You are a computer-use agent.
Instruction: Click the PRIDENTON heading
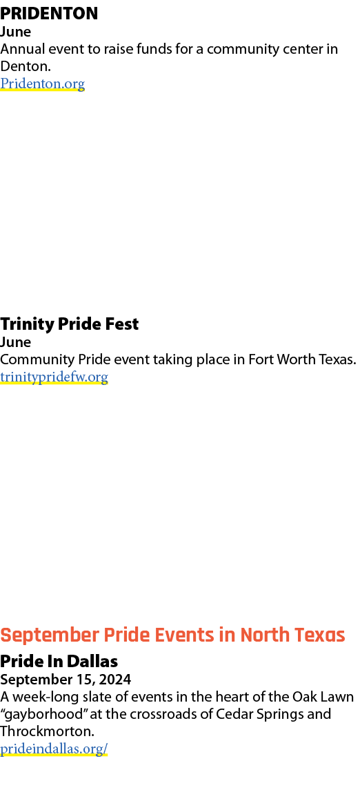(49, 13)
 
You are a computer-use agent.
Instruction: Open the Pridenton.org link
(42, 83)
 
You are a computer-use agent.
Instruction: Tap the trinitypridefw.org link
(54, 377)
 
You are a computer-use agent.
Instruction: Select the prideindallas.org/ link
(54, 749)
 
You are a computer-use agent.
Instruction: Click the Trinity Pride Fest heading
(70, 324)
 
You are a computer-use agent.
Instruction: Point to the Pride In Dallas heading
(59, 662)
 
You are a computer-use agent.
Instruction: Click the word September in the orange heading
(50, 636)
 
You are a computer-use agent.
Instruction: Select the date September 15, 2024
(66, 680)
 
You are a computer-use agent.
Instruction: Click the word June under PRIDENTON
(15, 32)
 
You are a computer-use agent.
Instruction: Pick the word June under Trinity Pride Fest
(15, 342)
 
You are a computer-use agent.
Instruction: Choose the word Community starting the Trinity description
(37, 360)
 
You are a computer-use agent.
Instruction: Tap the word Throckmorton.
(47, 731)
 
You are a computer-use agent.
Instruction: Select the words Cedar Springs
(255, 715)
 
